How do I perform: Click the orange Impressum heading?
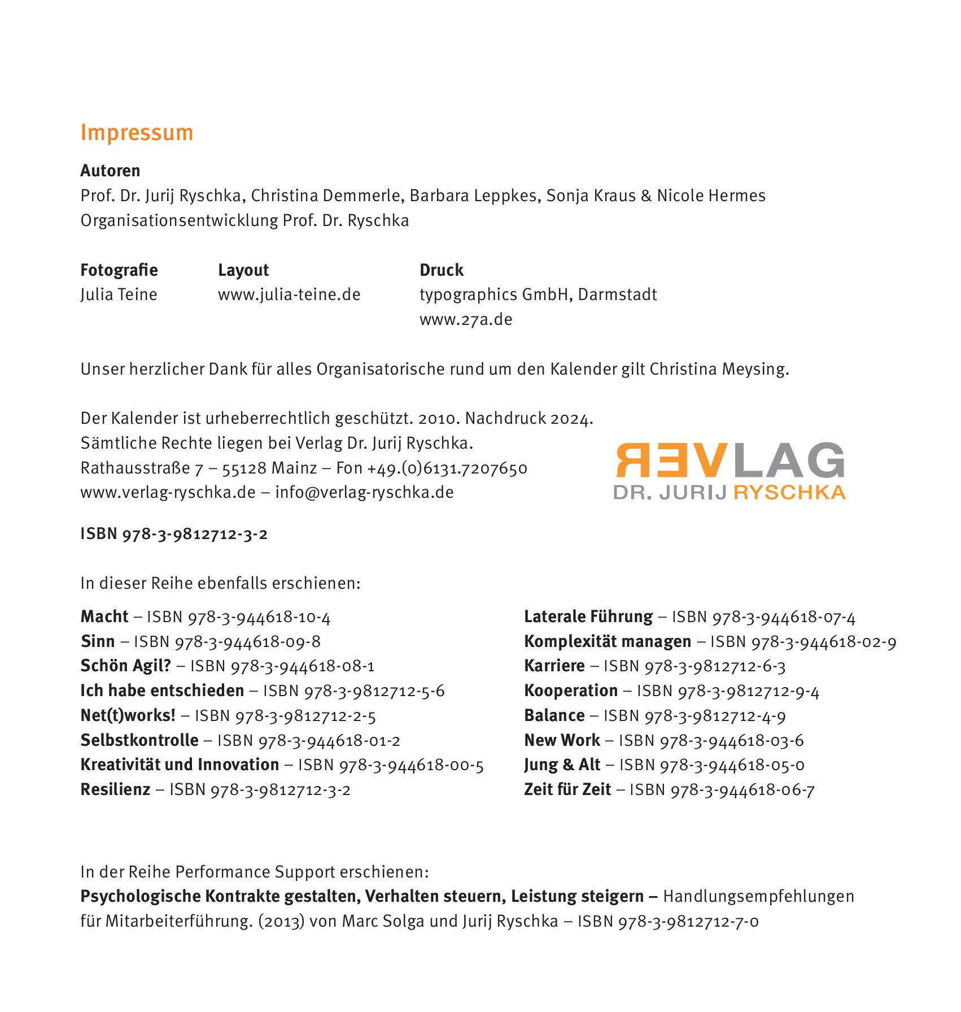point(137,133)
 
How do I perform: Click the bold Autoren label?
point(110,171)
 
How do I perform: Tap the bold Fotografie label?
point(119,270)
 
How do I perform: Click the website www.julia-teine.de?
point(289,294)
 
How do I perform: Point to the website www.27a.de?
point(466,319)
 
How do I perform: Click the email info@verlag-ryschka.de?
point(364,492)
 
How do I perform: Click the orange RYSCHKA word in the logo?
point(789,492)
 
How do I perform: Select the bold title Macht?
point(104,616)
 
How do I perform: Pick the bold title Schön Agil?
point(125,666)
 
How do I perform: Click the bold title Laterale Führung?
point(588,616)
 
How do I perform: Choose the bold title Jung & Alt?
point(562,765)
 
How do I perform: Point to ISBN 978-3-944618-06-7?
point(722,789)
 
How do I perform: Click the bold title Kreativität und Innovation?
point(180,765)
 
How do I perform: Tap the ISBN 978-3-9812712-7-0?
point(668,922)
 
